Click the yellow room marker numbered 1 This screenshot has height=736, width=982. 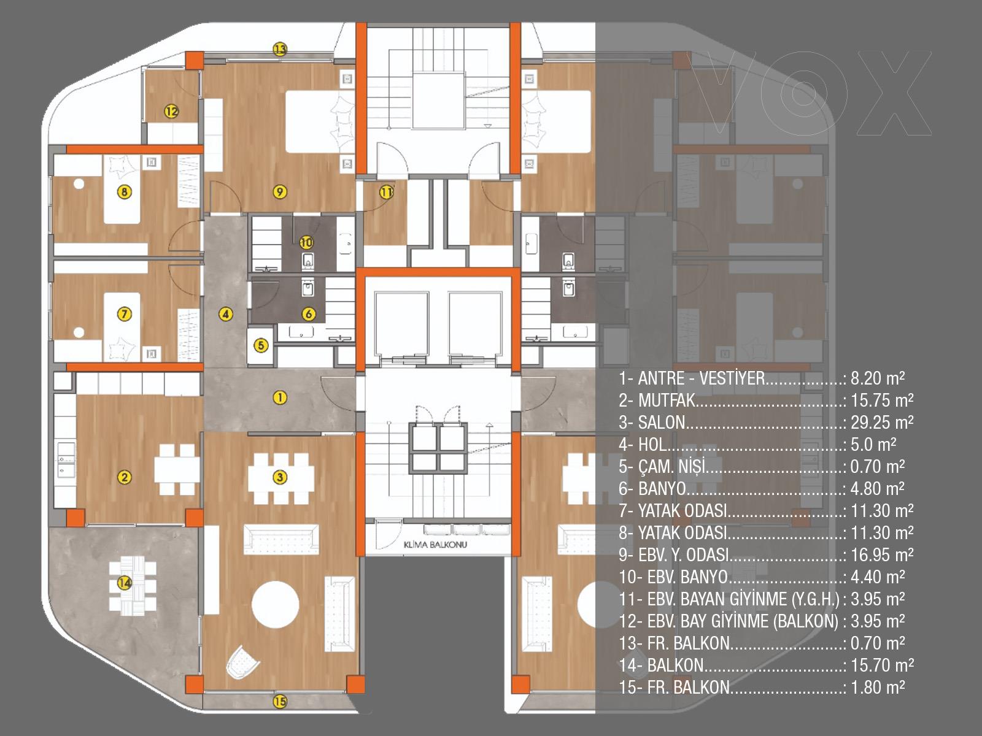(280, 397)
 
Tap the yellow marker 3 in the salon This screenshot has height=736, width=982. (280, 477)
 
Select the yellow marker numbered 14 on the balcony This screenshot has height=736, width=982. (125, 583)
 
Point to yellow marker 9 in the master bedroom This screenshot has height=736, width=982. (280, 192)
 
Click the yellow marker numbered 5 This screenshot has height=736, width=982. (261, 345)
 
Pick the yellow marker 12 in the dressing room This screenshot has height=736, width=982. (171, 111)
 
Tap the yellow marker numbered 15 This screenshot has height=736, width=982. (280, 701)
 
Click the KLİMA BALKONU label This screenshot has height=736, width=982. (435, 545)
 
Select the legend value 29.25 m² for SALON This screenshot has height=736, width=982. (882, 423)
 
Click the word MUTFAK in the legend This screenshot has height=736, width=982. (667, 401)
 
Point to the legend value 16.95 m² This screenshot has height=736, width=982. (882, 555)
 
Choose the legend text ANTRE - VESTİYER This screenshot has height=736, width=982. (702, 378)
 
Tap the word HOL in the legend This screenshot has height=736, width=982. (652, 445)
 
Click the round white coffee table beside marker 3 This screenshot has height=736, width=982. (275, 605)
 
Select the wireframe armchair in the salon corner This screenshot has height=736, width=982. (243, 663)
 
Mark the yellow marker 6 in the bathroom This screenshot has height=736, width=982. (309, 313)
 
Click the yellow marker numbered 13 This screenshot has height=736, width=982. (280, 48)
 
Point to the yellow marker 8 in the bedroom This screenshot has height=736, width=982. (125, 192)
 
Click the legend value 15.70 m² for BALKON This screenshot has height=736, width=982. (882, 665)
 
